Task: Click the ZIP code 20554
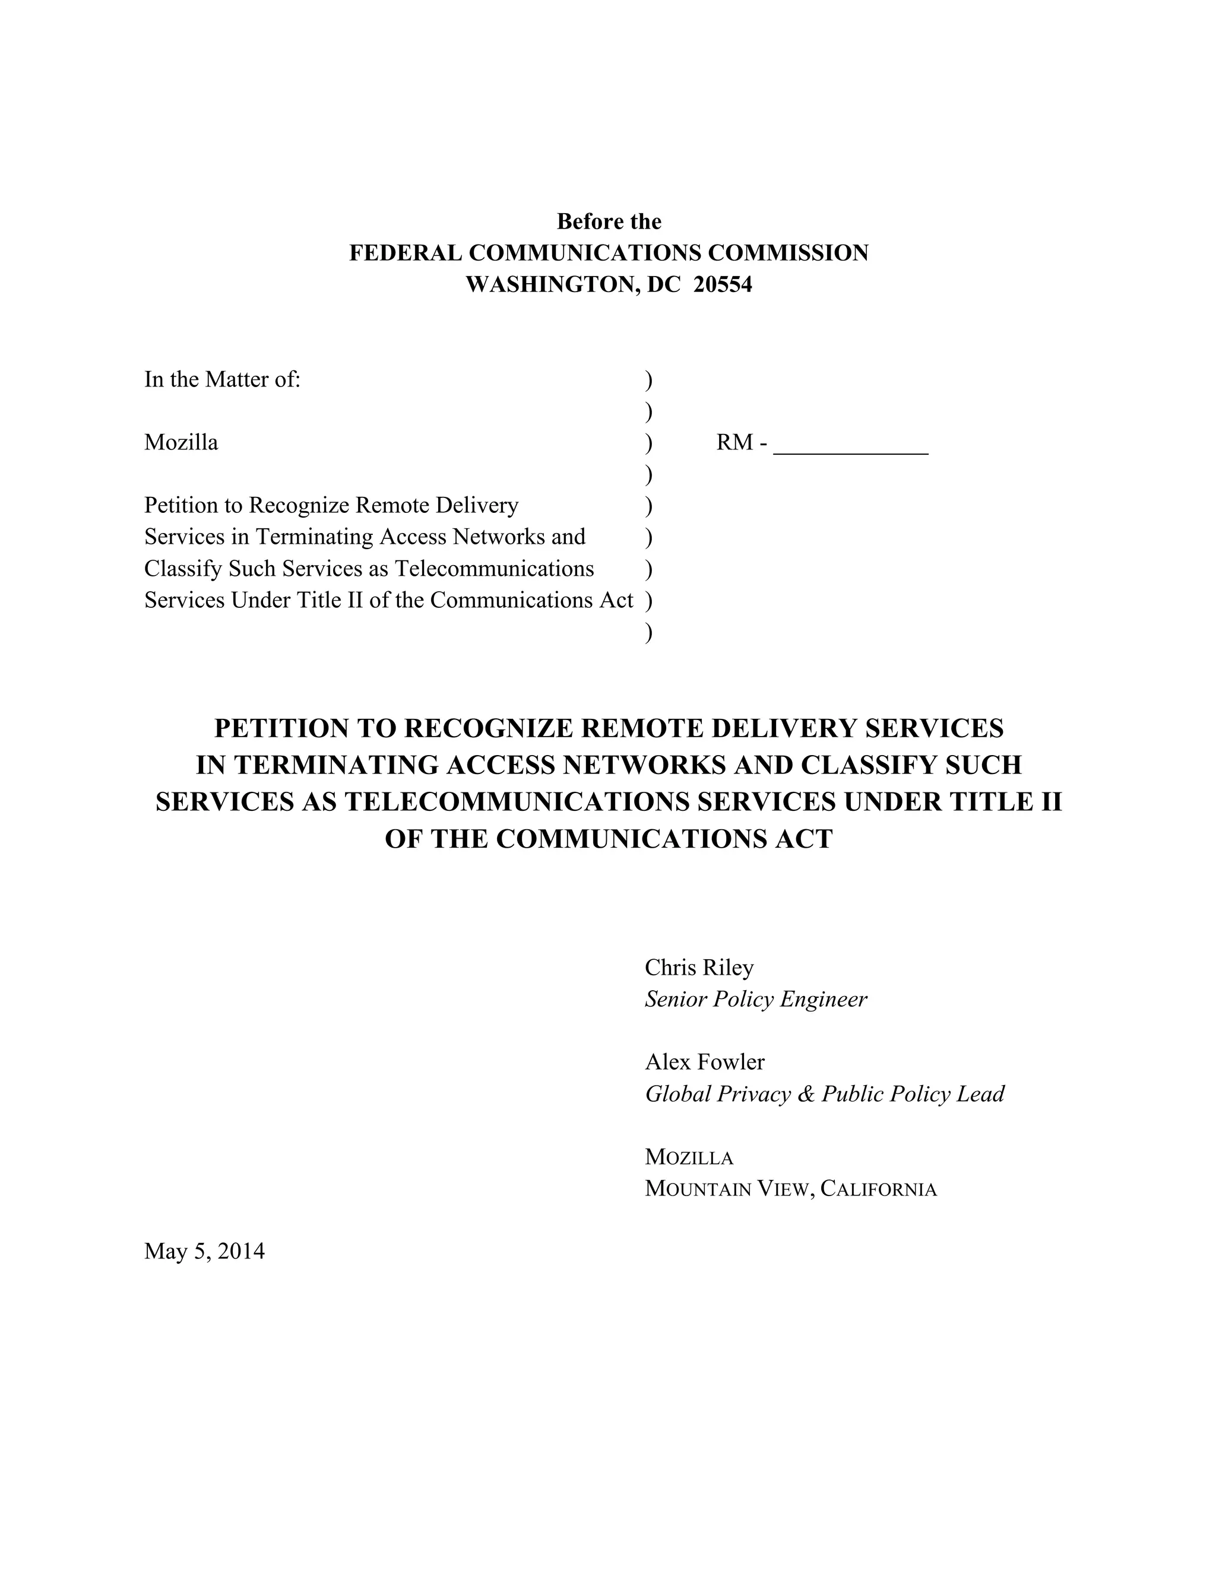(x=723, y=285)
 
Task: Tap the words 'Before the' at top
(x=609, y=222)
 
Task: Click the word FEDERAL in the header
(x=406, y=253)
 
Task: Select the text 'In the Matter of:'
(x=222, y=379)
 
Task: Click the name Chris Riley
(x=699, y=968)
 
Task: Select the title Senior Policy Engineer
(x=756, y=1000)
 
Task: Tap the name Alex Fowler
(x=705, y=1062)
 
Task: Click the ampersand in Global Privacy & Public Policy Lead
(x=805, y=1094)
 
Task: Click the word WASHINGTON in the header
(x=550, y=285)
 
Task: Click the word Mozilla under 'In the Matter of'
(x=181, y=443)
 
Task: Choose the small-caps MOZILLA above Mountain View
(x=689, y=1157)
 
